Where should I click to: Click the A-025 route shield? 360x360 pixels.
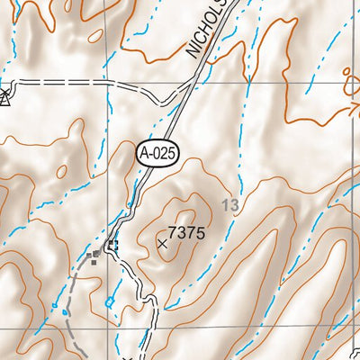click(x=158, y=154)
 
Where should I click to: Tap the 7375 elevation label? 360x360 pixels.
click(x=187, y=233)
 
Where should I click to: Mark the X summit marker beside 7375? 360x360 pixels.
click(x=163, y=243)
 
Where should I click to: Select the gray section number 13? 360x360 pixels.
click(x=231, y=206)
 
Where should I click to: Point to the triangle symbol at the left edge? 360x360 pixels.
click(x=4, y=98)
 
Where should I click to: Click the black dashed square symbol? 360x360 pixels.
click(x=112, y=245)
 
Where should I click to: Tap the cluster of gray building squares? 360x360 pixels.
click(x=94, y=258)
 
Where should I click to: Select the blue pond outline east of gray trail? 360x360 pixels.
click(x=110, y=302)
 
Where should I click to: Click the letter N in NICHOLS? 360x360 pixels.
click(x=192, y=55)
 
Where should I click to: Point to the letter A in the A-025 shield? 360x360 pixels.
click(x=146, y=154)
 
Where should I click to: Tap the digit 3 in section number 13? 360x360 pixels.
click(x=235, y=206)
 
